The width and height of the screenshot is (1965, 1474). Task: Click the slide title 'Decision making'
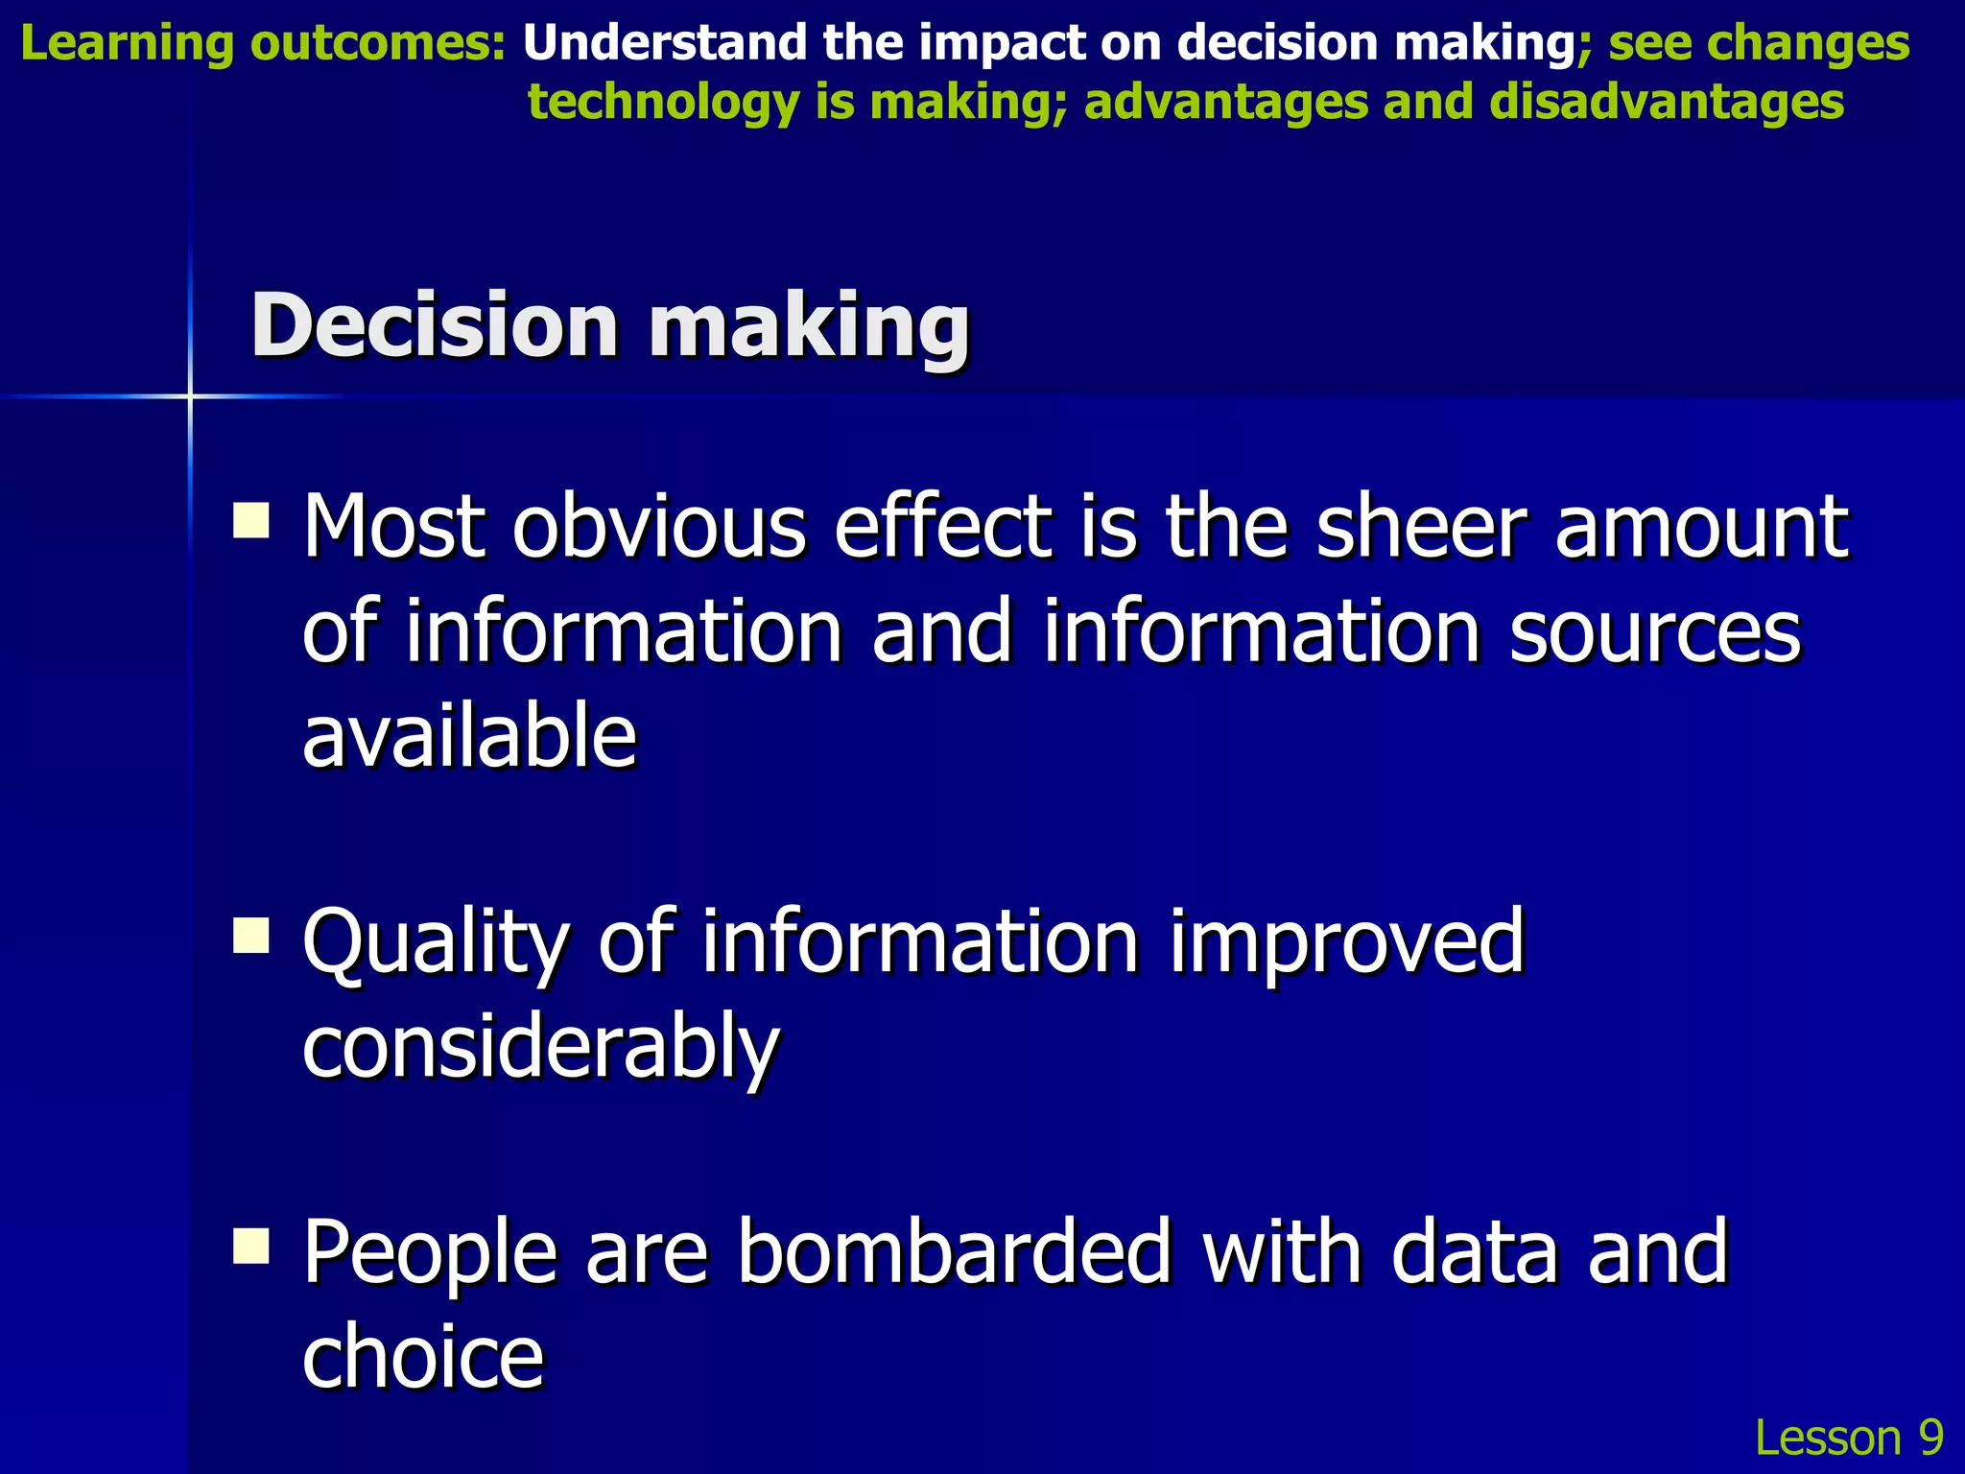point(610,326)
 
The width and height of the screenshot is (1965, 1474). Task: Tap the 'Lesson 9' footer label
point(1848,1438)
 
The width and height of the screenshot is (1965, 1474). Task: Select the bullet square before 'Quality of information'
point(251,936)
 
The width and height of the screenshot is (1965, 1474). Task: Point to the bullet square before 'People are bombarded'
point(251,1247)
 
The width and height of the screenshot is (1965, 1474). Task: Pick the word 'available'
point(469,736)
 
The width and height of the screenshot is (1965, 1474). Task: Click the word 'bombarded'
point(955,1251)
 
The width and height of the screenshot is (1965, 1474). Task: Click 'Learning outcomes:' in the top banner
point(262,44)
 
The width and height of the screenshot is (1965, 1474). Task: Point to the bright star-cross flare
point(190,396)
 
